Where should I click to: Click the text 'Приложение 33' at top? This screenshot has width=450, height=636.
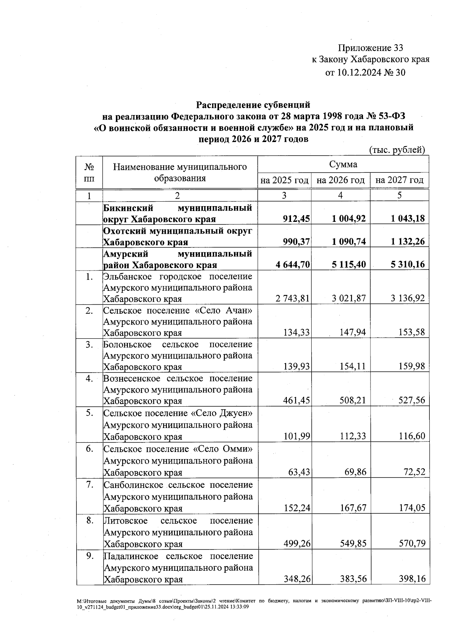click(x=370, y=48)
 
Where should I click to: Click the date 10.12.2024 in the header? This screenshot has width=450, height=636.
click(x=358, y=72)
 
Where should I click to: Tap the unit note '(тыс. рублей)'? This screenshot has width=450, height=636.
click(x=397, y=150)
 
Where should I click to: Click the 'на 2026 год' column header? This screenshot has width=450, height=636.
click(x=340, y=180)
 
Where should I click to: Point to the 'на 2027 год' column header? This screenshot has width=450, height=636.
click(x=399, y=180)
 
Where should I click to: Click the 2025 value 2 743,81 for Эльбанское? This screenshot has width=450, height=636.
click(x=292, y=299)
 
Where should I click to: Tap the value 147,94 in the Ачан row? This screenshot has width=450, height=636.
click(x=352, y=332)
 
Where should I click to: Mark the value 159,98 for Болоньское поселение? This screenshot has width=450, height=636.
click(x=412, y=366)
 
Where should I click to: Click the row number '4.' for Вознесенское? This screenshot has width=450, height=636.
click(x=89, y=378)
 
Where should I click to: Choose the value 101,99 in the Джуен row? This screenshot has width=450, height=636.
click(x=297, y=436)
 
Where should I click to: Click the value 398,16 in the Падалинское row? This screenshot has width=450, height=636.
click(x=412, y=579)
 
